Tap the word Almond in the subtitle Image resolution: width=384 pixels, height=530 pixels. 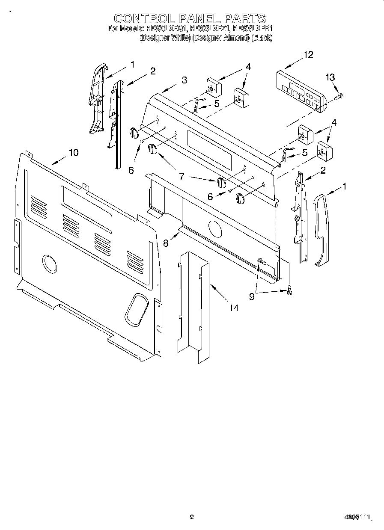(236, 38)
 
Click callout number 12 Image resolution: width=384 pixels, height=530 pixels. (308, 54)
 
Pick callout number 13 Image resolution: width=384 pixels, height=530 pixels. (330, 77)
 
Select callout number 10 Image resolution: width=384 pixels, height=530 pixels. (73, 152)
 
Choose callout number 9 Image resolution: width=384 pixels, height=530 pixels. (252, 296)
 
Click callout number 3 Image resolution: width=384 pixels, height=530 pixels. (184, 80)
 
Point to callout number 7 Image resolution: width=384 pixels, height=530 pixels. (182, 175)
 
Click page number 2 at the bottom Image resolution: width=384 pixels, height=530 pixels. (192, 517)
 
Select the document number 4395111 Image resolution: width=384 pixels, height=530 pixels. (357, 517)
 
